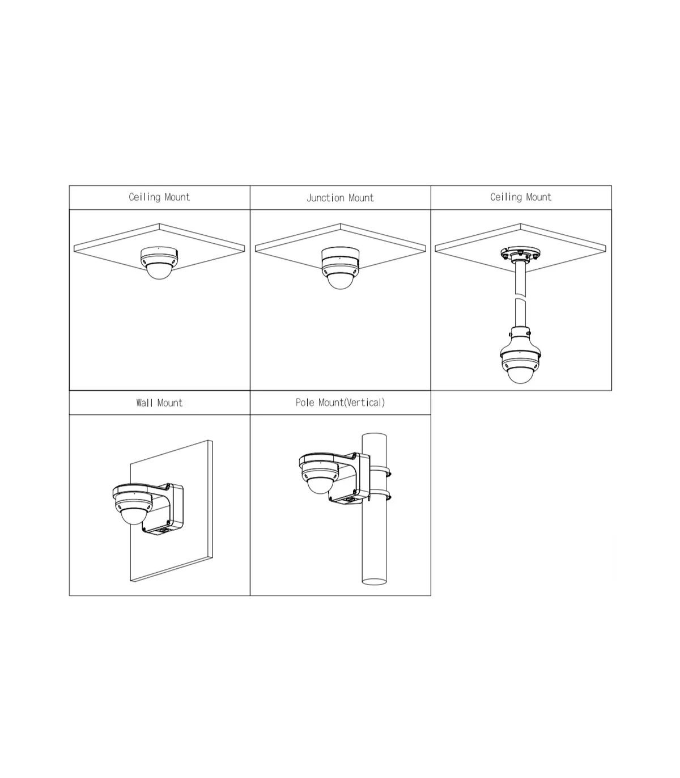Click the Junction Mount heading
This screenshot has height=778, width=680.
coord(340,198)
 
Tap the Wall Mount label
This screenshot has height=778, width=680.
coord(159,403)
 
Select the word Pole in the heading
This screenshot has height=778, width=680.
coord(305,402)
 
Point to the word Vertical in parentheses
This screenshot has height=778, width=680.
coord(364,402)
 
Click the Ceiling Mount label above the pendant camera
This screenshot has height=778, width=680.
coord(520,197)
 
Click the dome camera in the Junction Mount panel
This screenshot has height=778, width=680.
coord(340,268)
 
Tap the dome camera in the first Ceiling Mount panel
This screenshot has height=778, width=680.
coord(159,263)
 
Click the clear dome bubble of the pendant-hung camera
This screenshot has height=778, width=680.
coord(520,375)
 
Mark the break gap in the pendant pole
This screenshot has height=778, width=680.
coord(520,297)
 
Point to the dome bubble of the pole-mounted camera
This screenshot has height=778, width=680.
coord(320,486)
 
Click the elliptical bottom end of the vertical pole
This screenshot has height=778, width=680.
coord(374,581)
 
